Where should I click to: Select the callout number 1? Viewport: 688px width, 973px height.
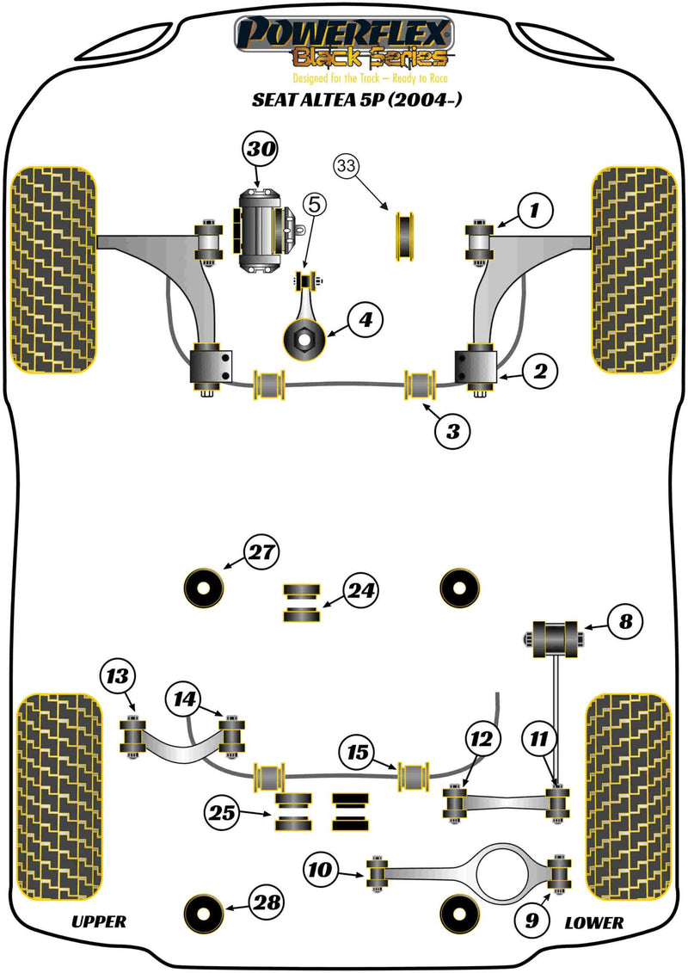coord(534,209)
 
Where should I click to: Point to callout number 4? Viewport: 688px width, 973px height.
coord(365,321)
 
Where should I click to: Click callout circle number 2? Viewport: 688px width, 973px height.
coord(538,372)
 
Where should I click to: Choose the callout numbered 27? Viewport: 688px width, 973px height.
coord(259,551)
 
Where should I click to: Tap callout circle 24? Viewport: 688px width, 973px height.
coord(361,590)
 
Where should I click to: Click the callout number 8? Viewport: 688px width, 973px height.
coord(626,622)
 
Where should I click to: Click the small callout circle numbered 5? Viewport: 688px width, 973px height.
coord(315,205)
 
